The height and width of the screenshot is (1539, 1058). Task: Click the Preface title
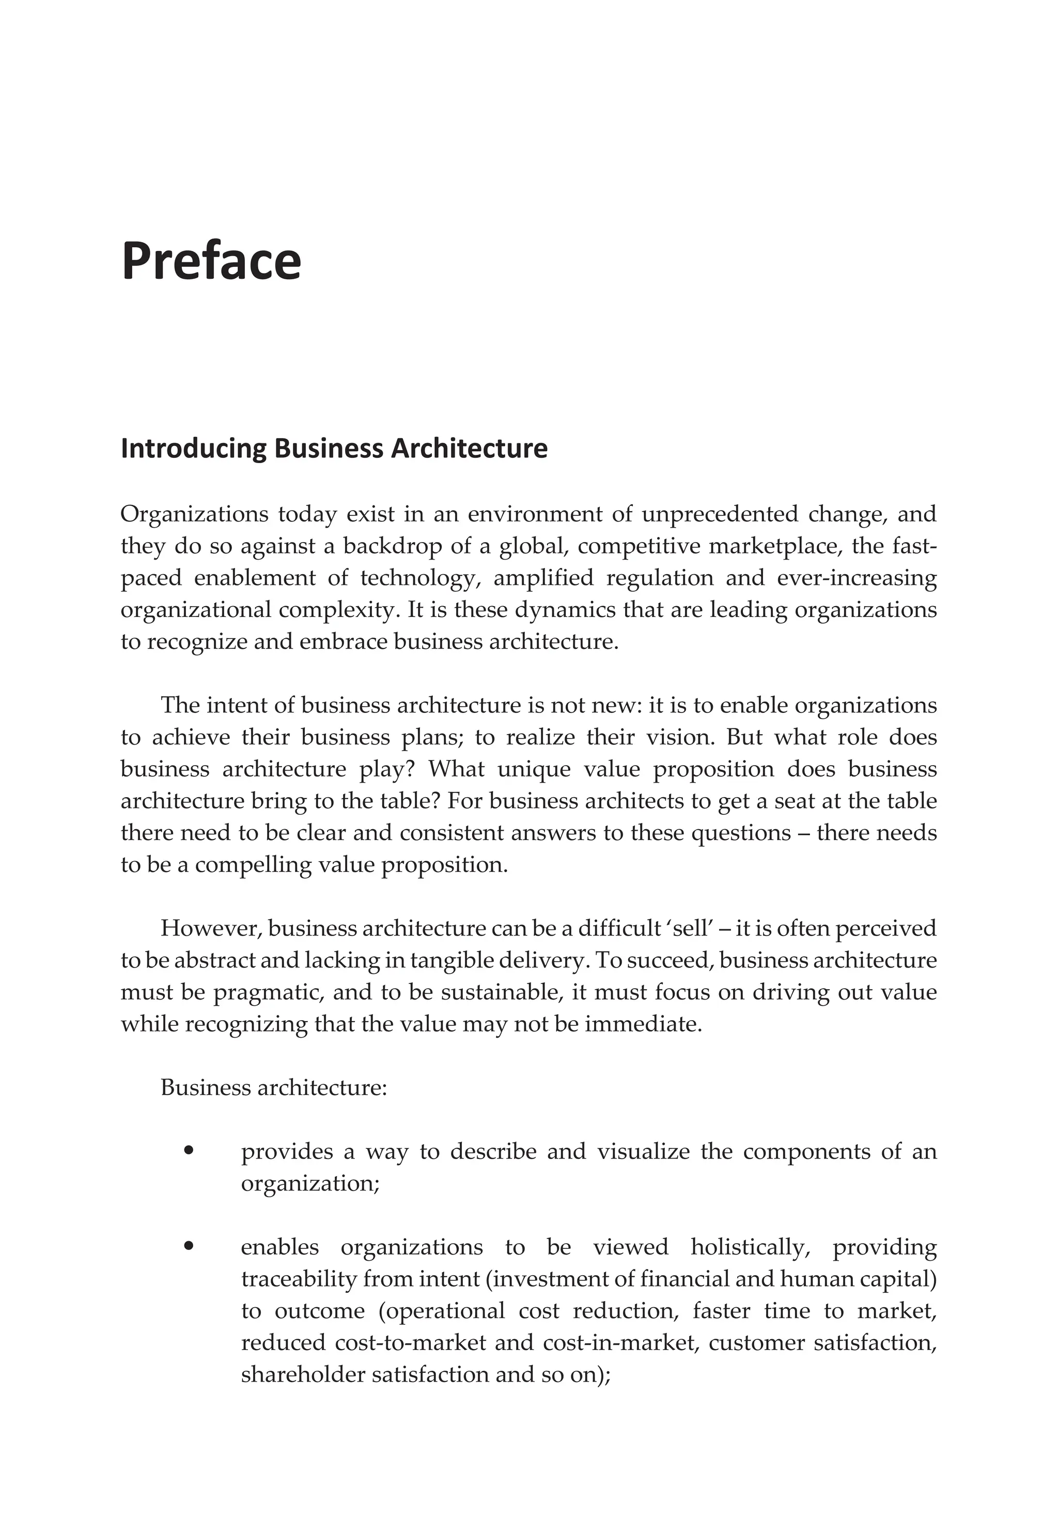pos(211,262)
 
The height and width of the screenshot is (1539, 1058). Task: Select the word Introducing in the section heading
pos(193,449)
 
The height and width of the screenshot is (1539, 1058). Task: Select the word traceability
pos(299,1279)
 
